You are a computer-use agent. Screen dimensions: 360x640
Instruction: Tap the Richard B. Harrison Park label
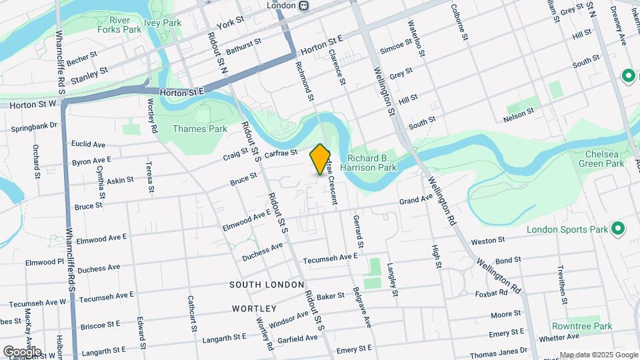(x=372, y=163)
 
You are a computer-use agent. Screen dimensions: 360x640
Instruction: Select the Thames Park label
(x=195, y=129)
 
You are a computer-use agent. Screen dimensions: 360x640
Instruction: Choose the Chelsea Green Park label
(x=601, y=159)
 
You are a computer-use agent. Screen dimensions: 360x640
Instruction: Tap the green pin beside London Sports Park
(x=618, y=229)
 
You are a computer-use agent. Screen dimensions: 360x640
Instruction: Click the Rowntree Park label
(x=581, y=327)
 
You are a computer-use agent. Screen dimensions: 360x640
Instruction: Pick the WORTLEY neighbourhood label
(x=254, y=309)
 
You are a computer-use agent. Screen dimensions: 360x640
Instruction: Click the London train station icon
(x=304, y=5)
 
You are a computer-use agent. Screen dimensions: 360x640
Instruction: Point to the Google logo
(x=22, y=351)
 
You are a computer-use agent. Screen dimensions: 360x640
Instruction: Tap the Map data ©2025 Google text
(x=598, y=355)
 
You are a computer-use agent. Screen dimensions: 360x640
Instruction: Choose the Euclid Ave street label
(x=89, y=144)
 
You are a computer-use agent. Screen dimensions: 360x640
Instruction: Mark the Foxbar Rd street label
(x=493, y=293)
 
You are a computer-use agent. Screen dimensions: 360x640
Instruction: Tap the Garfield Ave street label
(x=298, y=339)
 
